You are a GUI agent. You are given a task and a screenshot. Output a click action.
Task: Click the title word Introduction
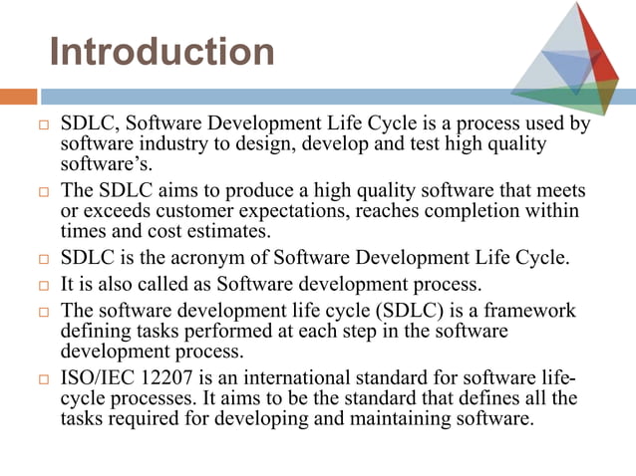[161, 51]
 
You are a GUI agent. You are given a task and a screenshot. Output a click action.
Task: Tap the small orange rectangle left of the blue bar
[18, 97]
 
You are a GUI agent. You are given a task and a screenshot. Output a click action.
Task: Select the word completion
[471, 210]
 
